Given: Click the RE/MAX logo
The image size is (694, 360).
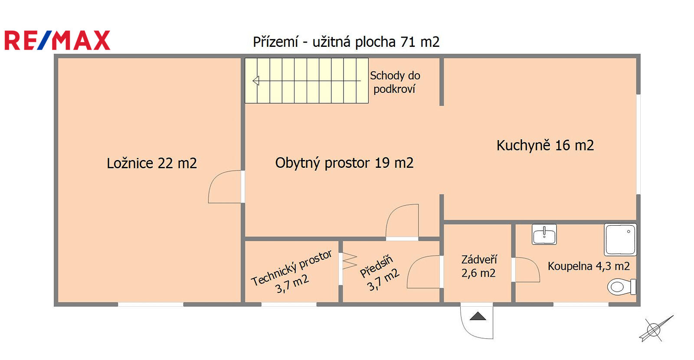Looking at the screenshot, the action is pos(57,40).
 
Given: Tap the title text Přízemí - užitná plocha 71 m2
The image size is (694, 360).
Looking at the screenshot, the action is pos(346,42).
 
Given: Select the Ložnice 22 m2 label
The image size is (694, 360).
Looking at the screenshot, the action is pos(152,163).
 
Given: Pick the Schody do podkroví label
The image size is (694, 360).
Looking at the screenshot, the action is pos(395,82).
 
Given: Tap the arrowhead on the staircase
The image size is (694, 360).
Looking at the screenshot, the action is pos(256,81).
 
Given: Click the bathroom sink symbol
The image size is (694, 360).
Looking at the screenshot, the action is pos(544,234).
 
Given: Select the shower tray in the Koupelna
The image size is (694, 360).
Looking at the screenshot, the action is pos(620,240).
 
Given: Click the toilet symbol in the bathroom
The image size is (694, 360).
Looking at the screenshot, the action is pos(622,287).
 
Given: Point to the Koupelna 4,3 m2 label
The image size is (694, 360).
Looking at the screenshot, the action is pos(589,266).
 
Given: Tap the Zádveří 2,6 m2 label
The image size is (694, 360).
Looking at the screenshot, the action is pos(479,266).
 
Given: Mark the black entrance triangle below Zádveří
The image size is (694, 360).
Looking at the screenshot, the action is pos(478,316).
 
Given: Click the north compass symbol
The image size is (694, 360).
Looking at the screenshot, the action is pos(655,329).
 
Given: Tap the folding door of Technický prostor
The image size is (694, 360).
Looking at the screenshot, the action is pos(350,261).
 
